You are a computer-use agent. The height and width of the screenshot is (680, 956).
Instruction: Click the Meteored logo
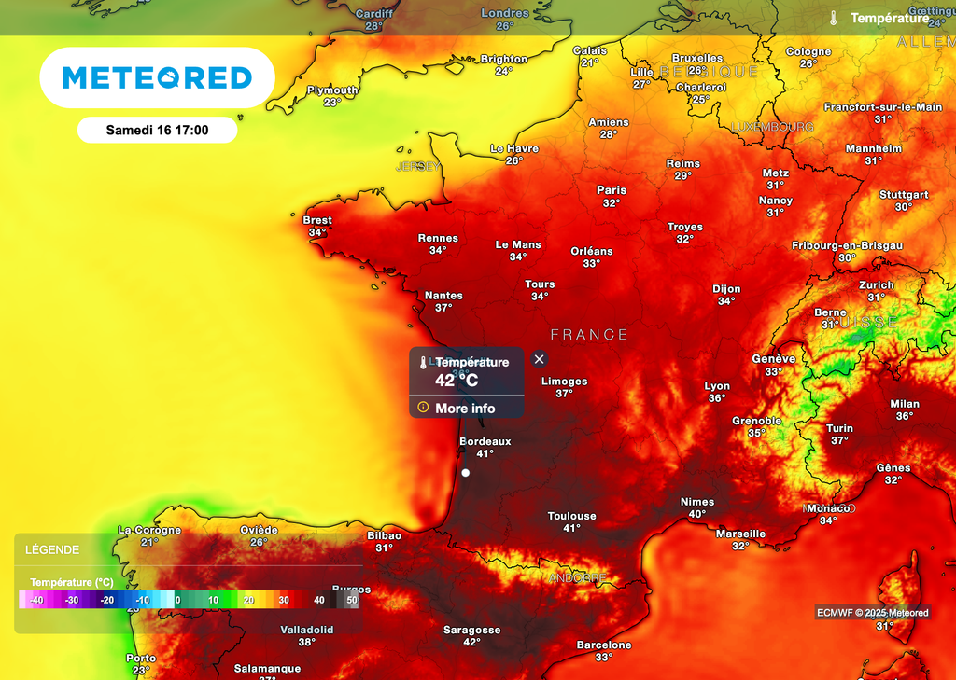coord(157,77)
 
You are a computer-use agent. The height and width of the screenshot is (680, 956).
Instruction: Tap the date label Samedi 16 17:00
coord(157,130)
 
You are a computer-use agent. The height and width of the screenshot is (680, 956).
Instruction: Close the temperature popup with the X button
coord(539,359)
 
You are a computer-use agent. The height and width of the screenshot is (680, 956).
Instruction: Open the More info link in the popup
coord(465,409)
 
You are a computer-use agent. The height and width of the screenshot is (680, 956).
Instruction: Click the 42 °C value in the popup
coord(457,380)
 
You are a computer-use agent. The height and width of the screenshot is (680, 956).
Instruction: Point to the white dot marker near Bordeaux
coord(465,473)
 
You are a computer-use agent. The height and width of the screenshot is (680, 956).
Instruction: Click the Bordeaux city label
coord(485,441)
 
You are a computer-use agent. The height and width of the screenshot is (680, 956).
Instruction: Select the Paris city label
coord(612,190)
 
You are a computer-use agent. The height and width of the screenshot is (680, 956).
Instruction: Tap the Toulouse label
coord(571,516)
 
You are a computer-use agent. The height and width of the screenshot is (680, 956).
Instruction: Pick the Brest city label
coord(317,220)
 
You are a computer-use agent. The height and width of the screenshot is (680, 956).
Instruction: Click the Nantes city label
coord(443,296)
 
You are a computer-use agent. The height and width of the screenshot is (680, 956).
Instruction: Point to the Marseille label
coord(740,534)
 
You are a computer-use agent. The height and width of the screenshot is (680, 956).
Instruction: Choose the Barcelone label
coord(604,645)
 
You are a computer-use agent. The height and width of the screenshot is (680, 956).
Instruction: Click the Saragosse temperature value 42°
coord(471,642)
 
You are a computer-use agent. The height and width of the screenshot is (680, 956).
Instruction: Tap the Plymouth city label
coord(332,90)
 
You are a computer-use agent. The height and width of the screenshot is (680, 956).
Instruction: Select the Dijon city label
coord(726,289)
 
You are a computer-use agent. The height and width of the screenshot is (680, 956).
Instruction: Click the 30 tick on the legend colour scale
coord(284,601)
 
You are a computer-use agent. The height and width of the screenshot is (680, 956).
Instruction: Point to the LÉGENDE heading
coord(52,550)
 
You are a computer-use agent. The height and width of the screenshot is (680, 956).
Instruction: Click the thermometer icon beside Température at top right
coord(833,18)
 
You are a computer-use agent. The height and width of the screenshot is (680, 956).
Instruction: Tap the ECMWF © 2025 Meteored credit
coord(872,613)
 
